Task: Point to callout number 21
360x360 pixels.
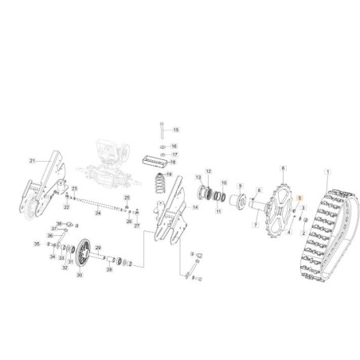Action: coord(33,161)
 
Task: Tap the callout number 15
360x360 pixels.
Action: coord(177,130)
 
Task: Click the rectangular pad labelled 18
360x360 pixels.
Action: coord(153,159)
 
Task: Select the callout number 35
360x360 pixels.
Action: coord(36,244)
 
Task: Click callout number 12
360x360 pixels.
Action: coord(209,171)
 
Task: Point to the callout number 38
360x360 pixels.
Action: coord(58,223)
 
